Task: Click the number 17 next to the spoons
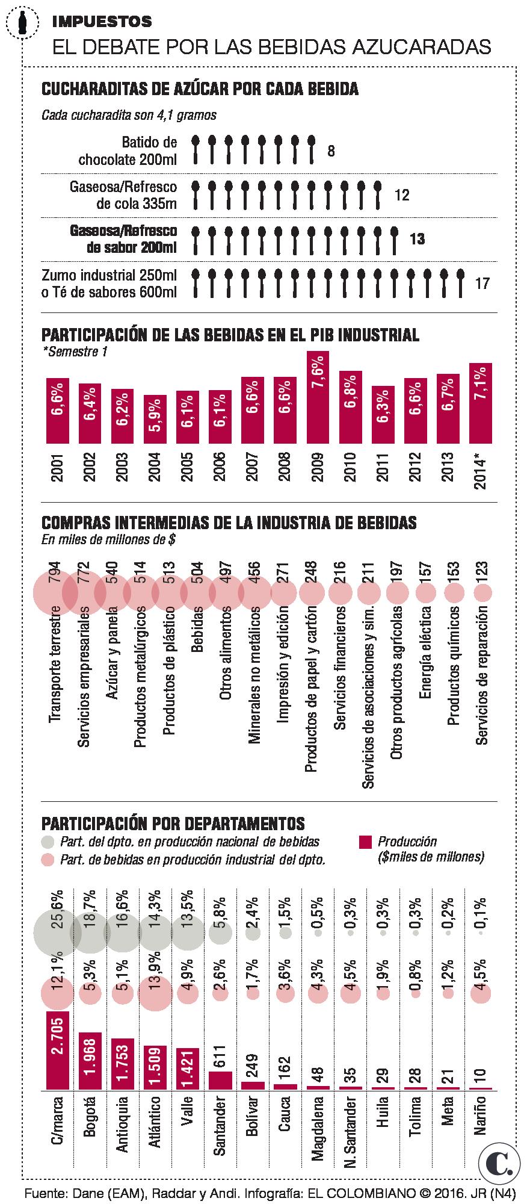pos(482,283)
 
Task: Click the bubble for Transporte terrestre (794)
pos(55,593)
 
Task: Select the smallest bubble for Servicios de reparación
pos(482,594)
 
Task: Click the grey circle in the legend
pos(48,842)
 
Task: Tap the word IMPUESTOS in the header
pos(102,22)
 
